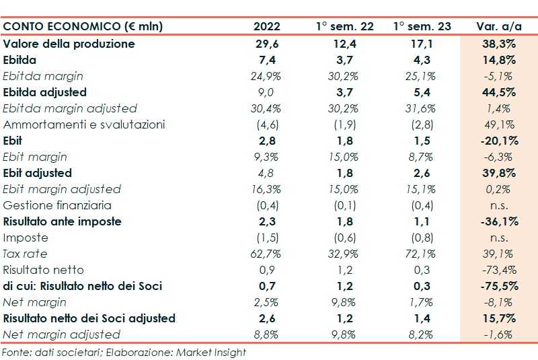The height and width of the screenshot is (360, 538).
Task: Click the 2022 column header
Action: (267, 27)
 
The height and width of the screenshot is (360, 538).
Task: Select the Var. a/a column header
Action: (498, 27)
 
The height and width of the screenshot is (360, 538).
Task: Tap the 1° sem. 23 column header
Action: (422, 27)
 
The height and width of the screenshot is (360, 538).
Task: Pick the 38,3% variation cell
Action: (498, 44)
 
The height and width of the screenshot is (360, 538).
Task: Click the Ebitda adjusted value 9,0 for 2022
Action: (267, 92)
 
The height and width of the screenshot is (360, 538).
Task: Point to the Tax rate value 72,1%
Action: (422, 254)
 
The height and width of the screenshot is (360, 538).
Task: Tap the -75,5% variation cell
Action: (498, 286)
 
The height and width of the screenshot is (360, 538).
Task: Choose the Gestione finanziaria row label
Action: (58, 205)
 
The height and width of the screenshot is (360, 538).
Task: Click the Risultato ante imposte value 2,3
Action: (267, 221)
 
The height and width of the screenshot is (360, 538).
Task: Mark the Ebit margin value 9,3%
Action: (267, 157)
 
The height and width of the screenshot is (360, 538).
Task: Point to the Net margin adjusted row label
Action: (62, 334)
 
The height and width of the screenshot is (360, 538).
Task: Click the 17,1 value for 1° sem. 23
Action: (422, 44)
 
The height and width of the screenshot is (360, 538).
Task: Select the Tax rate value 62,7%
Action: (267, 254)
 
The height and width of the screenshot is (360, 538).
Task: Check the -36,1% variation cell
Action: (498, 221)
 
